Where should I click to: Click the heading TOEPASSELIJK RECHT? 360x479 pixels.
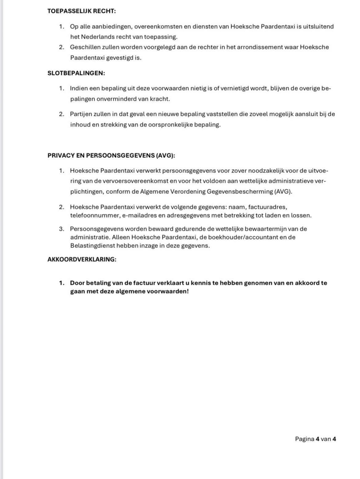(82, 11)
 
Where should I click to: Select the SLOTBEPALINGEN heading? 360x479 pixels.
(76, 73)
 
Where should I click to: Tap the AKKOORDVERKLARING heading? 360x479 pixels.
(82, 259)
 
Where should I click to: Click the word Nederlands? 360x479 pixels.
(97, 37)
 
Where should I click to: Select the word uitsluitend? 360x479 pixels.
(319, 27)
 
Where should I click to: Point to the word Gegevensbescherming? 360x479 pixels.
(240, 192)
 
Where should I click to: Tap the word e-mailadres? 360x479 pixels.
(139, 216)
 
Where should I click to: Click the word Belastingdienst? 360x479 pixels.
(93, 246)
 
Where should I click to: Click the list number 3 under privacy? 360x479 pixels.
(62, 229)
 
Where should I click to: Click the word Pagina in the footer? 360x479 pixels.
(305, 439)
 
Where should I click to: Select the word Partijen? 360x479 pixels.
(82, 114)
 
